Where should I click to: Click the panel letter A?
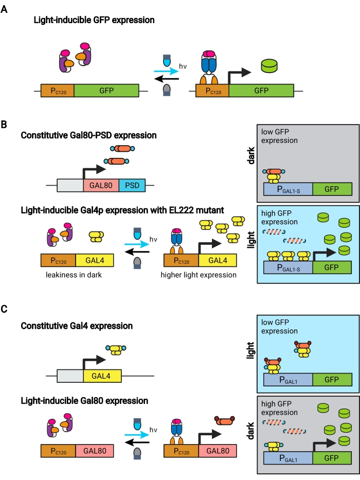(4, 8)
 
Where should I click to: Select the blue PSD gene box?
(132, 185)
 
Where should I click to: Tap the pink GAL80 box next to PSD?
(101, 185)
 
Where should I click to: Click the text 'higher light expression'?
(198, 275)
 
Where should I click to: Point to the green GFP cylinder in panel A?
(268, 66)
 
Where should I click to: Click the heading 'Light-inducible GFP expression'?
(94, 21)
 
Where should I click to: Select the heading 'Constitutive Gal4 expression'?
(77, 326)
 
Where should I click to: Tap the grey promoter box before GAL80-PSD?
(69, 185)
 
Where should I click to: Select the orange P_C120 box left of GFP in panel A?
(57, 91)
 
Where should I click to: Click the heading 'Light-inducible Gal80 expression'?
(84, 401)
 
